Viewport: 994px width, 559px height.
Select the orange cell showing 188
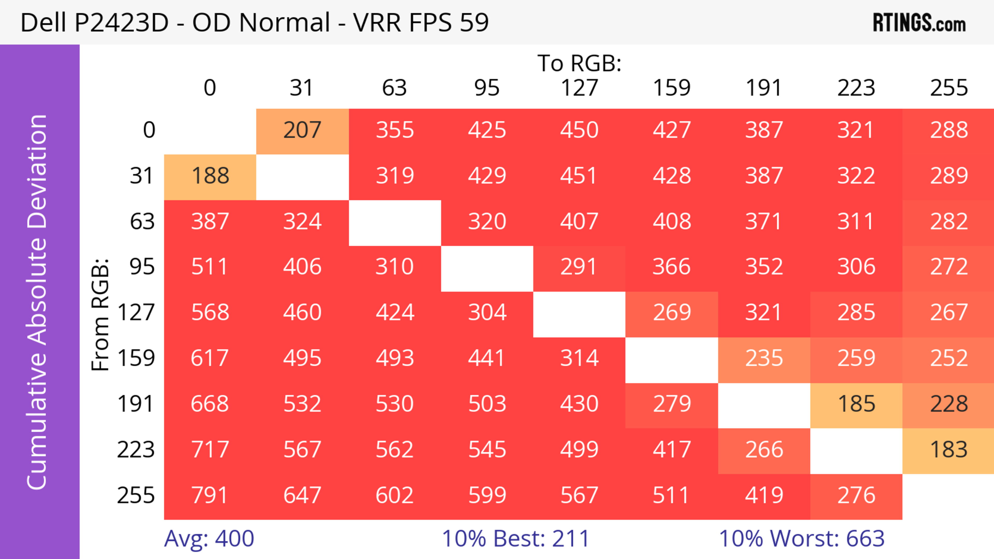210,176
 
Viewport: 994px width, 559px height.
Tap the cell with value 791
210,495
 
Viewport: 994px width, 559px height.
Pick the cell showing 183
948,450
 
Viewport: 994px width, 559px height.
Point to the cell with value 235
764,359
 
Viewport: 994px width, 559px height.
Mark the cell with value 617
210,359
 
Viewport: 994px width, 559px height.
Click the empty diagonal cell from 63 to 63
395,222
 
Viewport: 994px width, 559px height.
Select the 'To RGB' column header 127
579,88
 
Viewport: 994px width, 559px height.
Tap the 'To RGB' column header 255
948,88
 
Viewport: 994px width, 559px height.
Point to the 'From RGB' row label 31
142,176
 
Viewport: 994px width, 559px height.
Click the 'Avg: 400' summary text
209,539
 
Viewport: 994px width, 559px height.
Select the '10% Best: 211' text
516,539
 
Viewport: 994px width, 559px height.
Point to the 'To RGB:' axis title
579,63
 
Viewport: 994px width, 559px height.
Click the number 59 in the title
474,22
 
